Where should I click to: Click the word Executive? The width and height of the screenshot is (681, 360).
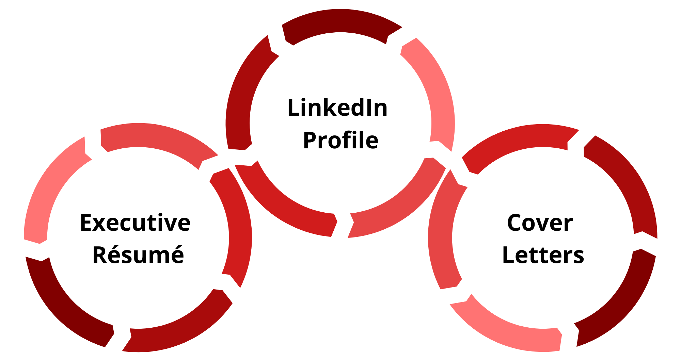(x=135, y=223)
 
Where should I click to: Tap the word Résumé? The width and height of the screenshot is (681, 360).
(x=138, y=255)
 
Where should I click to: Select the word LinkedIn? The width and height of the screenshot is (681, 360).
(x=337, y=108)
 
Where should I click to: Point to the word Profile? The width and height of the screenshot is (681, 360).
(x=340, y=140)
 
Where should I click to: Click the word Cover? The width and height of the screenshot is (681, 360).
(x=540, y=223)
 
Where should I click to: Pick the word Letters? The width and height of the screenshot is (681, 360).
(x=543, y=255)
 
